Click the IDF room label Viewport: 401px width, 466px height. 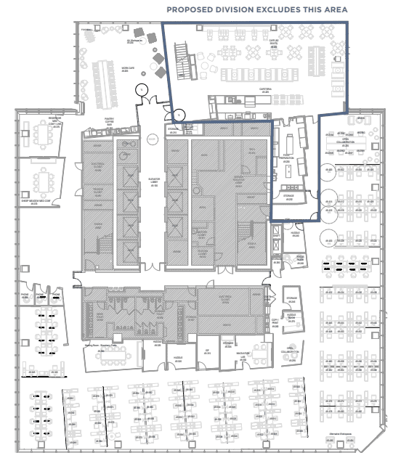(x=206, y=351)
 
